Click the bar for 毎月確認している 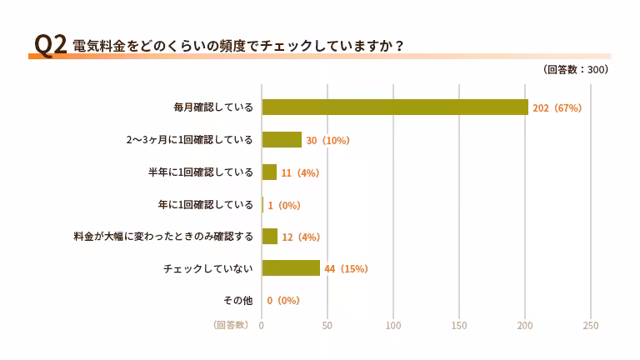pyautogui.click(x=395, y=107)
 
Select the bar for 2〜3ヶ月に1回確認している pyautogui.click(x=282, y=140)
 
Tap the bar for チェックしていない pyautogui.click(x=291, y=268)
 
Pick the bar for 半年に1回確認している pyautogui.click(x=269, y=172)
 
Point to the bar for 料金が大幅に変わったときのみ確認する pyautogui.click(x=270, y=237)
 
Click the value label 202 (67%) pyautogui.click(x=557, y=108)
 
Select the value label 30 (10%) pyautogui.click(x=327, y=141)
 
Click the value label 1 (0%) pyautogui.click(x=283, y=205)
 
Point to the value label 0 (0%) pyautogui.click(x=283, y=301)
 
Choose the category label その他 pyautogui.click(x=238, y=300)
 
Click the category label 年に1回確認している pyautogui.click(x=205, y=204)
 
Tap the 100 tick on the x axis pyautogui.click(x=393, y=325)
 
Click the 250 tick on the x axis pyautogui.click(x=591, y=325)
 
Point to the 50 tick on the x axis pyautogui.click(x=327, y=325)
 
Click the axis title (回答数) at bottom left pyautogui.click(x=231, y=325)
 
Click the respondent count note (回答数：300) pyautogui.click(x=575, y=70)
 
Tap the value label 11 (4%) pyautogui.click(x=300, y=172)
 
